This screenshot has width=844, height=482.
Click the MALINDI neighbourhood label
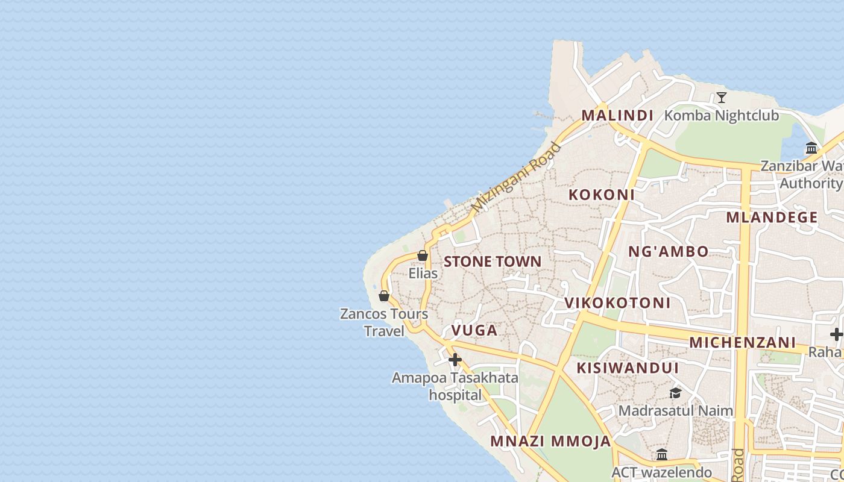[x=617, y=115]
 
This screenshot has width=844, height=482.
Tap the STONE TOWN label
[x=493, y=261]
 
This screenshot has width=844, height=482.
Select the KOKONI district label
[x=602, y=195]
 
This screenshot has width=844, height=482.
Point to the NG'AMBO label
[x=669, y=252]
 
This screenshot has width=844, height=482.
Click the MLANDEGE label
[x=772, y=218]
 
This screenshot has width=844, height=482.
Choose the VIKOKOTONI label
[x=617, y=303]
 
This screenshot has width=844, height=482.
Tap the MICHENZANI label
[x=743, y=343]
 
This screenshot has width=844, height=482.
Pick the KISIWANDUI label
[x=628, y=368]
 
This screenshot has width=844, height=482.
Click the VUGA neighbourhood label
[x=474, y=330]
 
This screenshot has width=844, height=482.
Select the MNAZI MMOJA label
[x=550, y=442]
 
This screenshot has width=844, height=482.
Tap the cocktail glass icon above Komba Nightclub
[x=721, y=98]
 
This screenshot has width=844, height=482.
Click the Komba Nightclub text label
[x=722, y=115]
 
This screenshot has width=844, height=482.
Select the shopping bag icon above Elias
[x=423, y=256]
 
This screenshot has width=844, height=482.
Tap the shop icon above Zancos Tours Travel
[x=384, y=296]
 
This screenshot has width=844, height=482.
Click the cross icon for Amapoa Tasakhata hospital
[x=455, y=360]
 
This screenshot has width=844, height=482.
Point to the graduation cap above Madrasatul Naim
[x=675, y=393]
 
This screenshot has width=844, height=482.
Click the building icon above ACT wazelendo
[x=662, y=454]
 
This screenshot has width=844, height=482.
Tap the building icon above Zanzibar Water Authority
[x=811, y=148]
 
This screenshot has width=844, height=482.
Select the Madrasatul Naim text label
[x=676, y=411]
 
